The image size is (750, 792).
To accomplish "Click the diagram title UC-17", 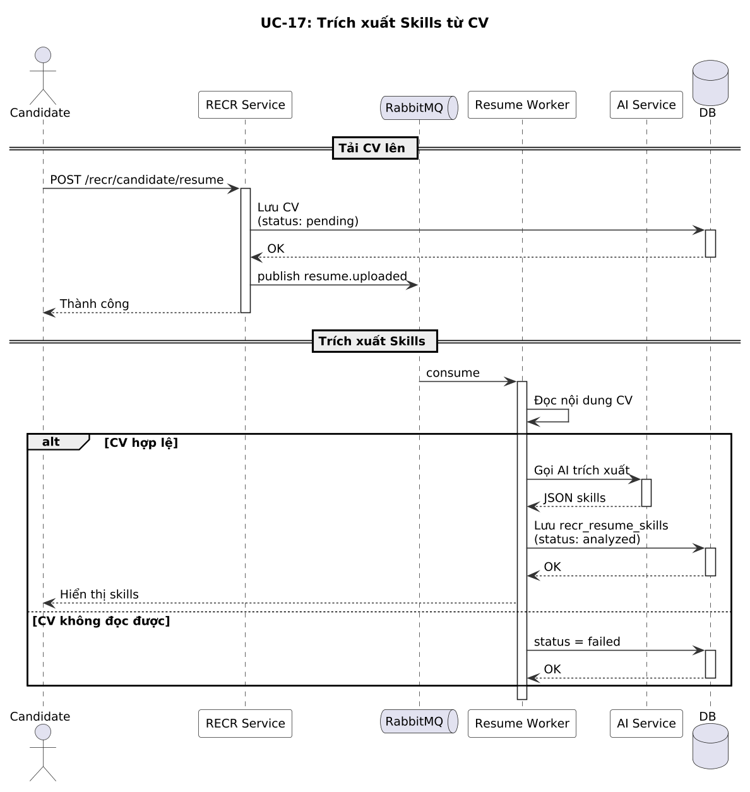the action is (374, 23).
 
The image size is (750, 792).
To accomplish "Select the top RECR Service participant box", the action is (245, 105).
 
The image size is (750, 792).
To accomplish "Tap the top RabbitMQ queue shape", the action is (419, 108).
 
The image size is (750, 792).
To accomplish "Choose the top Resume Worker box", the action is (522, 105).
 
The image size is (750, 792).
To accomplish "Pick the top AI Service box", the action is (646, 105).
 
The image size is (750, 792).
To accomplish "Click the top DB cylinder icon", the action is (710, 83).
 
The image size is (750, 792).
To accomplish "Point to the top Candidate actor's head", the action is (43, 55).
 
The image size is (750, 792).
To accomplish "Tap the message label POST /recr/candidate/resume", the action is (136, 180).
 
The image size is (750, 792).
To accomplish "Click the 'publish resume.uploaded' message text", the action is (332, 276).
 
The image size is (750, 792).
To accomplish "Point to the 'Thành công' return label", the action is (94, 304).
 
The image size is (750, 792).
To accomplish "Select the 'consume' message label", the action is (453, 373).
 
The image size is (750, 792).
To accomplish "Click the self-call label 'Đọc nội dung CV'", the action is (583, 401).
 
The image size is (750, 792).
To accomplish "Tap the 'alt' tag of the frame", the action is (51, 442).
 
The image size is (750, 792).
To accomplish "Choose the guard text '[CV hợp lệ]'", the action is (141, 443).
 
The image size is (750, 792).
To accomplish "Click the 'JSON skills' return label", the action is (574, 498).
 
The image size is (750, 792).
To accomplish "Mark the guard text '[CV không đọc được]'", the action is (101, 621).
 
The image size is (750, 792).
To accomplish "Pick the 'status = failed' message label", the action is (577, 642).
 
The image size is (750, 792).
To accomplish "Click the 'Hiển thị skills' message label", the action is (99, 594).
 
